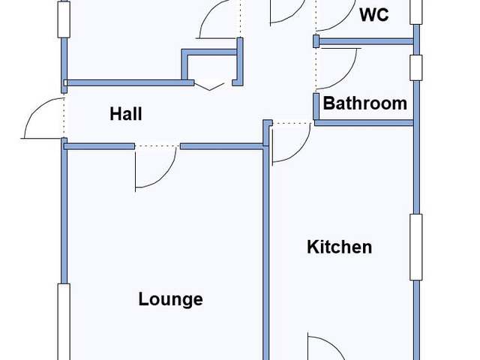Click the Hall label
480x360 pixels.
126,114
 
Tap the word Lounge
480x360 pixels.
170,299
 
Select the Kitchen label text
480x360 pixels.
340,247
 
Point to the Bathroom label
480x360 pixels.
365,103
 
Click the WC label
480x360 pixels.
374,15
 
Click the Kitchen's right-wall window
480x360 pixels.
416,247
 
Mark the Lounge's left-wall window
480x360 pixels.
64,322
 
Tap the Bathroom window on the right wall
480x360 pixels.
416,67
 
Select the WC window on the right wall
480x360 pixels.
416,12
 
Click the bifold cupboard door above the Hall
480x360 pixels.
210,86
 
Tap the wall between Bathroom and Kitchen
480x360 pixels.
364,123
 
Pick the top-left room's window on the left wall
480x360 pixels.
64,19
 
